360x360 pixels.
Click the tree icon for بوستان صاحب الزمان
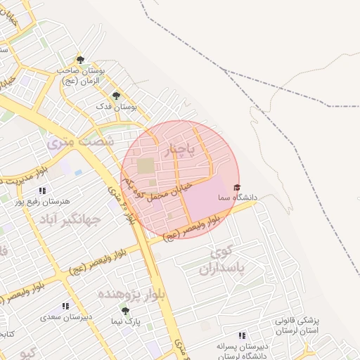pos(80,60)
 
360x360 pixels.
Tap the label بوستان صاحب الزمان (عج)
pos(92,76)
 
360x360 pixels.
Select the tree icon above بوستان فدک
pos(116,95)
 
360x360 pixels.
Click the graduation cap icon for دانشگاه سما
pos(237,187)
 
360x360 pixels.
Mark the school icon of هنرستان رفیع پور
pos(42,191)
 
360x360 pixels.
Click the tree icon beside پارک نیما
pos(125,311)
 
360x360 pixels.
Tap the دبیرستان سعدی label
pos(66,317)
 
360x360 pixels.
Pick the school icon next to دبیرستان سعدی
pos(65,307)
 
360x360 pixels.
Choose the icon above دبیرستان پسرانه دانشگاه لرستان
pos(243,335)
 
